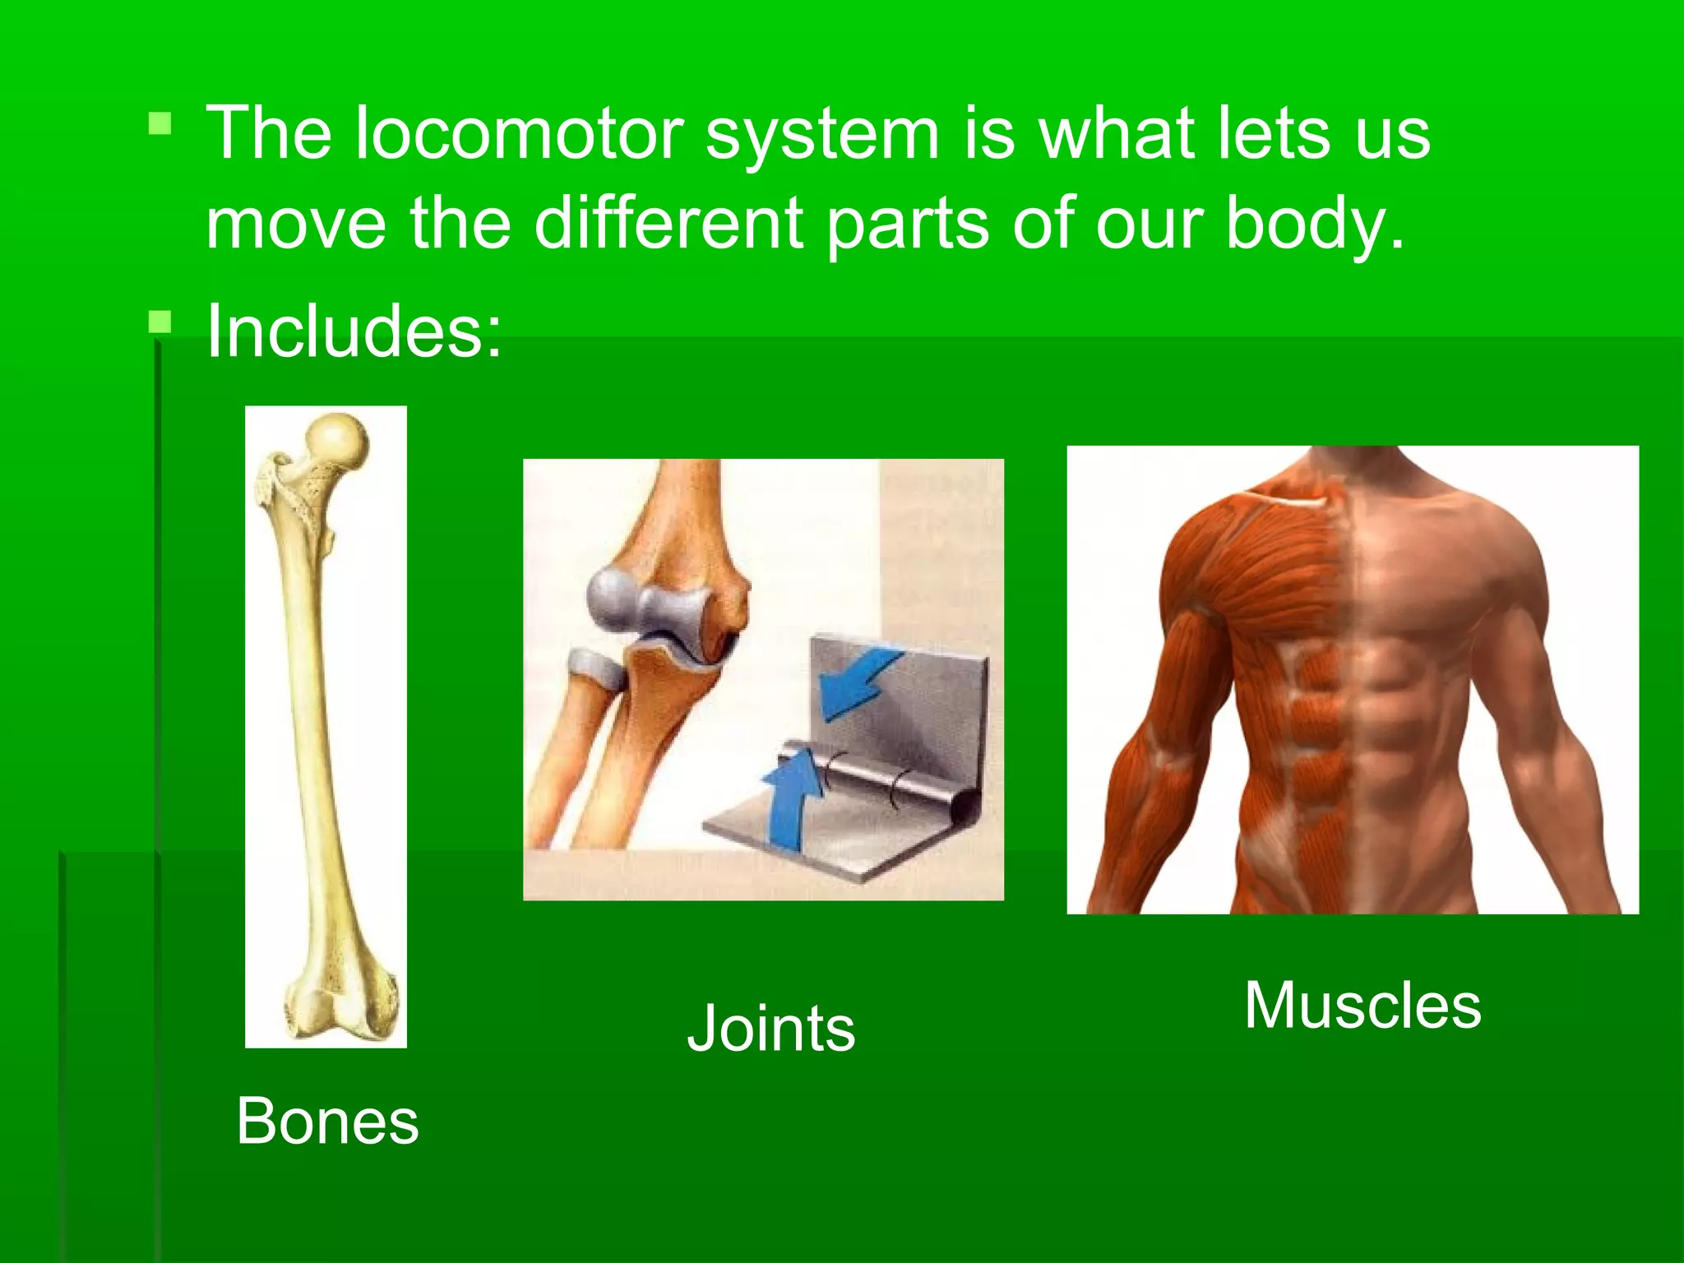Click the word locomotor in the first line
coord(520,133)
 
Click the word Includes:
coord(354,331)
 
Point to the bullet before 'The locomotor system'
coord(160,124)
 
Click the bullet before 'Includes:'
coord(160,322)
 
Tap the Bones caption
coord(327,1122)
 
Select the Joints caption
coord(770,1028)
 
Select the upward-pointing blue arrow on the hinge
coord(791,802)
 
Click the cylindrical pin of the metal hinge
coord(872,777)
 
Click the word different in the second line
coord(669,223)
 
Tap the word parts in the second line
coord(908,224)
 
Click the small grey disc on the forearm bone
coord(597,665)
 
